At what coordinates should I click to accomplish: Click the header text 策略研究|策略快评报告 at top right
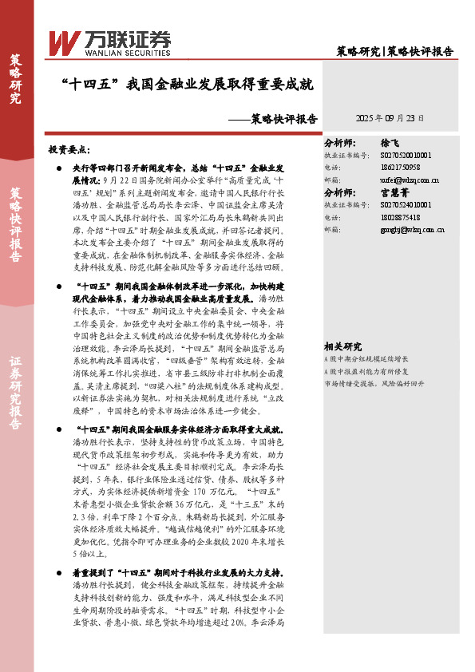[x=394, y=51]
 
